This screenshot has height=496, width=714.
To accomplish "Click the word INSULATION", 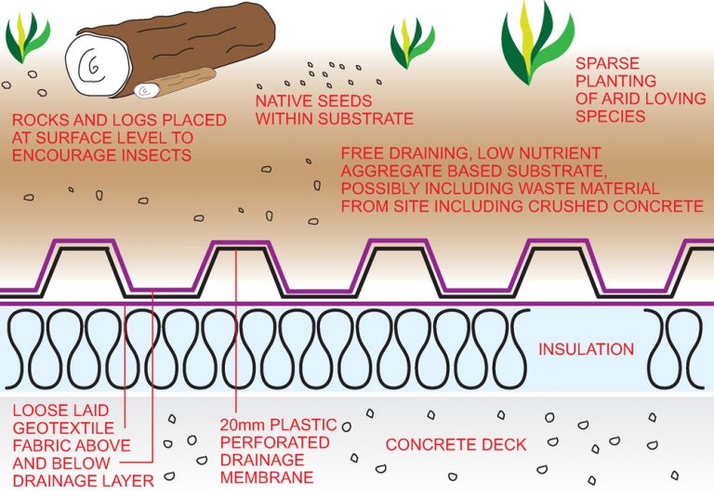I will pyautogui.click(x=586, y=350).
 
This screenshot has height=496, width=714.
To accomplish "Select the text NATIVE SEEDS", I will pyautogui.click(x=313, y=100).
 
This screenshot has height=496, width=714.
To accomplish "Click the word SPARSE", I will pyautogui.click(x=607, y=64).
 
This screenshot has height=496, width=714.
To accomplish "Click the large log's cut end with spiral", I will pyautogui.click(x=92, y=67).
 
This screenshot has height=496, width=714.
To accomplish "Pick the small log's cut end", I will pyautogui.click(x=145, y=91).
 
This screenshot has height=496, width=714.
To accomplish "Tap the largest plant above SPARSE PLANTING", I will pyautogui.click(x=534, y=42).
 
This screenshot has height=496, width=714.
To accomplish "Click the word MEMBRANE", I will pyautogui.click(x=265, y=479).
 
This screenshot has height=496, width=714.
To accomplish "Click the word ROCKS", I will pyautogui.click(x=41, y=120).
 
